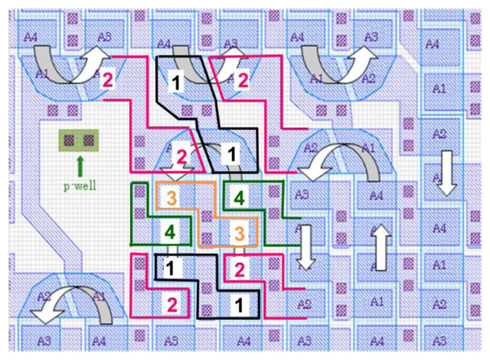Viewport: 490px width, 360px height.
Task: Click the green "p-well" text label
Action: pyautogui.click(x=80, y=187)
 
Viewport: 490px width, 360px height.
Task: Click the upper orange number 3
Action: pyautogui.click(x=171, y=198)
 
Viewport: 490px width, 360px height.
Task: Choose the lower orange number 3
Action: pyautogui.click(x=239, y=233)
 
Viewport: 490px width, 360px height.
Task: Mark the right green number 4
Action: pyautogui.click(x=239, y=198)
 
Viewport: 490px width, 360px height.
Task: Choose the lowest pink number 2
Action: pyautogui.click(x=171, y=304)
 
